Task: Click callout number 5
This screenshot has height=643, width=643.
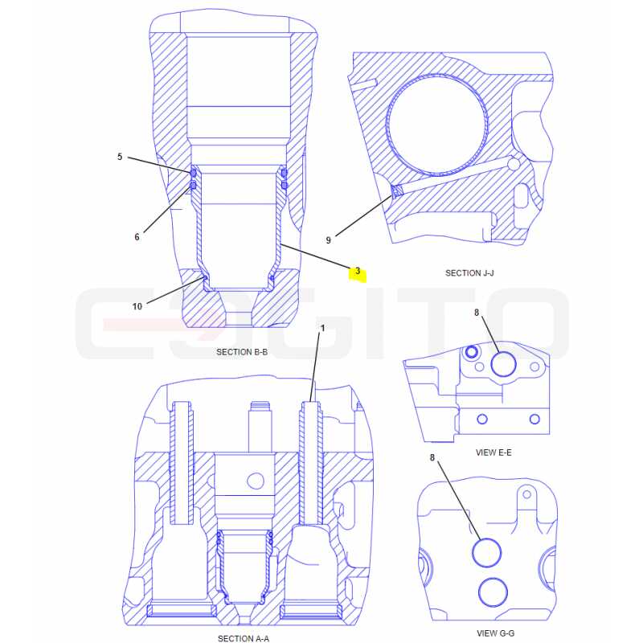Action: click(x=120, y=157)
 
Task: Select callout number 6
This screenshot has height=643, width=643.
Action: click(x=137, y=236)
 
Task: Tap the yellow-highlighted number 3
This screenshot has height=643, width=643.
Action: click(x=358, y=271)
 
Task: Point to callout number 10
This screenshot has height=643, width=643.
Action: click(x=137, y=306)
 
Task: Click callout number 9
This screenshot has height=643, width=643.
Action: click(x=328, y=240)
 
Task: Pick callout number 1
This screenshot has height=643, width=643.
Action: click(x=323, y=328)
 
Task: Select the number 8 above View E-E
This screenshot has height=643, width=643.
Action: click(x=477, y=313)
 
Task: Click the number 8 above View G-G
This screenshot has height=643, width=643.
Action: click(x=432, y=457)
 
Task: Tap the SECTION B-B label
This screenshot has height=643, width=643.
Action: click(x=242, y=352)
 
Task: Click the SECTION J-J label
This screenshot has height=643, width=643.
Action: click(x=469, y=272)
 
